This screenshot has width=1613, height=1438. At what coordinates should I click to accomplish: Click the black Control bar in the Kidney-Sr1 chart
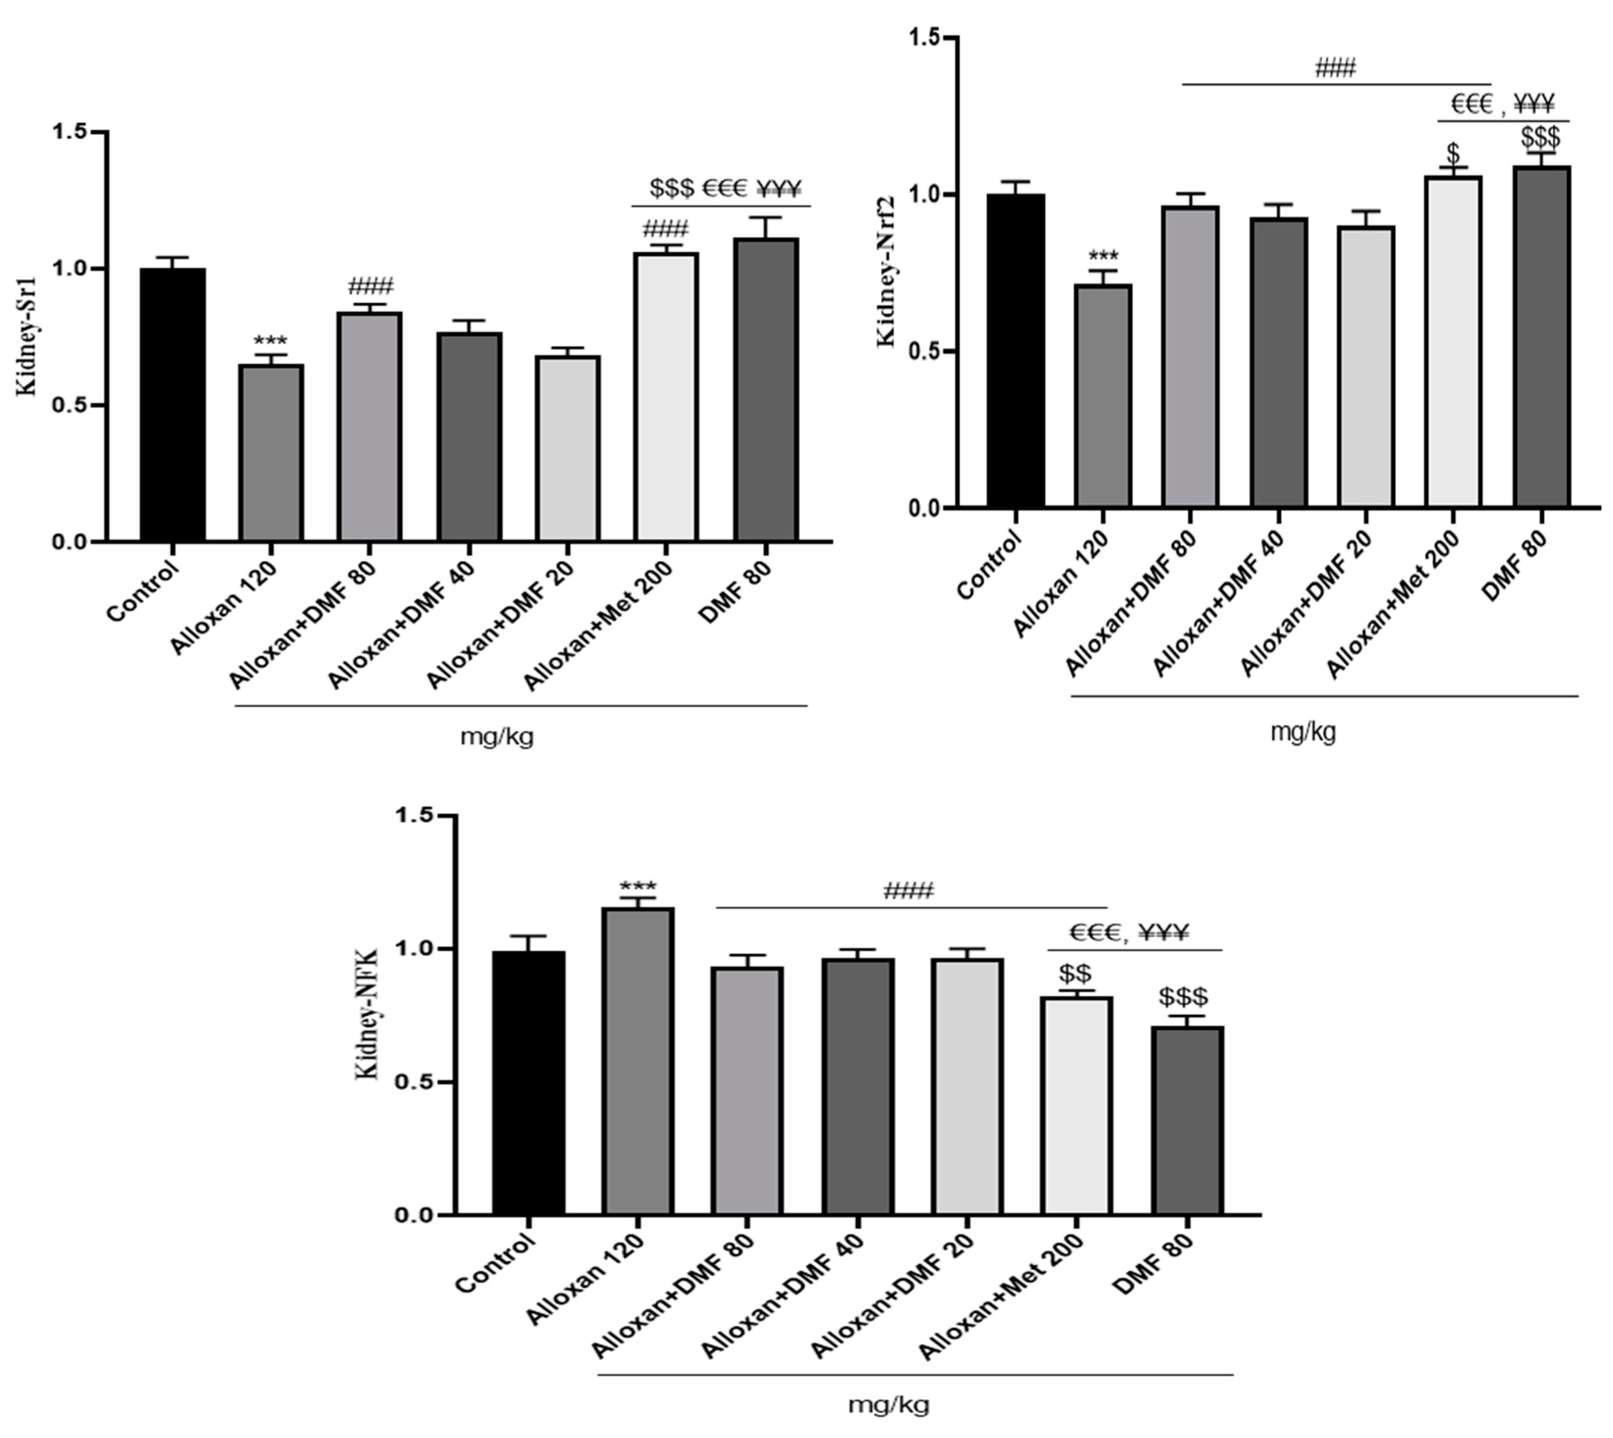[x=173, y=405]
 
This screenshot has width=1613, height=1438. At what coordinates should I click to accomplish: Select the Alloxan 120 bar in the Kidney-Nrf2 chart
[x=1103, y=395]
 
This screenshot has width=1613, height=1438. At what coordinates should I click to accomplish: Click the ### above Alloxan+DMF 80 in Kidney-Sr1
[x=370, y=287]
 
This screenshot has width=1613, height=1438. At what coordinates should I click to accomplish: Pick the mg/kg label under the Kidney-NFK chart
[x=888, y=1404]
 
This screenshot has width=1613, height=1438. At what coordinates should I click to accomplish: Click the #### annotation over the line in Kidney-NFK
[x=909, y=891]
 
